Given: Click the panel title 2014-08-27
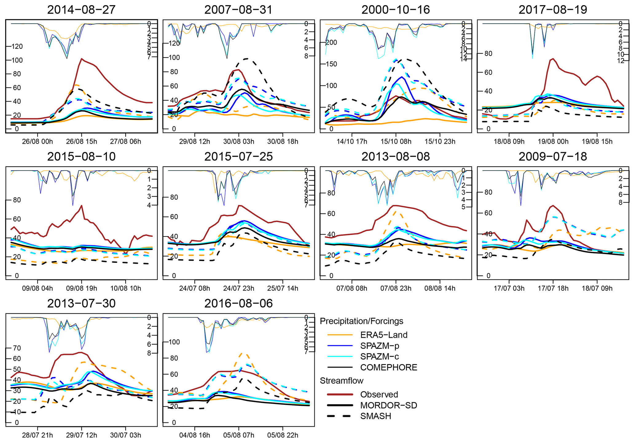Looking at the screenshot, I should [x=81, y=10].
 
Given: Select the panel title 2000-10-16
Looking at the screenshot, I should [x=396, y=10].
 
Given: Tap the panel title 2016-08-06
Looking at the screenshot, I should [x=238, y=303].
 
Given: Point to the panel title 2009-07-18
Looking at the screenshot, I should [x=553, y=157].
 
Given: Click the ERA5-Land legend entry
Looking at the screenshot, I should [x=384, y=335].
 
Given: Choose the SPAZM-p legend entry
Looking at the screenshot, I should [x=380, y=346].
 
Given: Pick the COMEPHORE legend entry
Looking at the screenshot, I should [x=389, y=367].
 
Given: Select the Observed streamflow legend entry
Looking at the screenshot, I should [x=379, y=394].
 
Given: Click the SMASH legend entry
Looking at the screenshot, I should [x=376, y=416].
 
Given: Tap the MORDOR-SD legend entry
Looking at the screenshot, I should [x=389, y=405].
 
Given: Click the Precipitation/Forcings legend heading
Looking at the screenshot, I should [x=362, y=321].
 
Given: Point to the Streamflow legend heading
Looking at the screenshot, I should [x=342, y=381].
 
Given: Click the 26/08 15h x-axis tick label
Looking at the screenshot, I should [x=82, y=142].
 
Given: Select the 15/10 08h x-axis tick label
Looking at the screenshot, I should [x=396, y=142].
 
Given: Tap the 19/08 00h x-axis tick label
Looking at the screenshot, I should [x=553, y=142].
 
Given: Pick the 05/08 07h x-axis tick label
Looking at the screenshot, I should [x=239, y=435].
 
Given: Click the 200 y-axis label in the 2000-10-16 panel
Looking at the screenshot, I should [x=332, y=42].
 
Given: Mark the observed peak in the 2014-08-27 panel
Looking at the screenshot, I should [x=81, y=58].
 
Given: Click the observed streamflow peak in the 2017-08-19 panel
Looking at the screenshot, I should [x=553, y=58].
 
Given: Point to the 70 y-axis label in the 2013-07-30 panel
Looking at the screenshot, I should [x=17, y=348].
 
